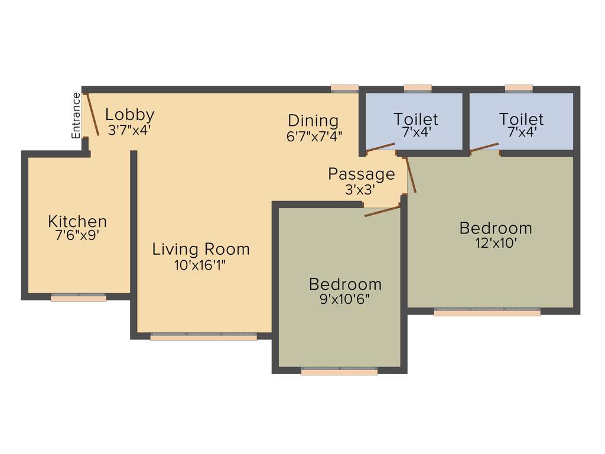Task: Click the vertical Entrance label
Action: click(x=76, y=115)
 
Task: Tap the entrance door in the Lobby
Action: click(x=92, y=114)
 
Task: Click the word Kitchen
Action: click(x=77, y=222)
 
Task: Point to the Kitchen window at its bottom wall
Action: click(x=79, y=297)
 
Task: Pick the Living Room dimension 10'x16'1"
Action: click(x=200, y=265)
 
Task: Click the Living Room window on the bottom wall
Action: click(x=203, y=337)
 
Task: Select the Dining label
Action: click(x=313, y=121)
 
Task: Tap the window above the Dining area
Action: click(x=344, y=89)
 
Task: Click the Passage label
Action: click(x=361, y=174)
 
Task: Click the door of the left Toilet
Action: click(x=380, y=147)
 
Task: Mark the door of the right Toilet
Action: click(x=484, y=147)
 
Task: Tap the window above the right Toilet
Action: click(x=519, y=89)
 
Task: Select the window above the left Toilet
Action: click(x=418, y=89)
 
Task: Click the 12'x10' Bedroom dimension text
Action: click(x=495, y=243)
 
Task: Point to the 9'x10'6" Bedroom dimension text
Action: click(x=344, y=299)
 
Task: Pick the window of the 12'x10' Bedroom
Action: click(x=487, y=312)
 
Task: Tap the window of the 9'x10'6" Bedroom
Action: click(x=339, y=372)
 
